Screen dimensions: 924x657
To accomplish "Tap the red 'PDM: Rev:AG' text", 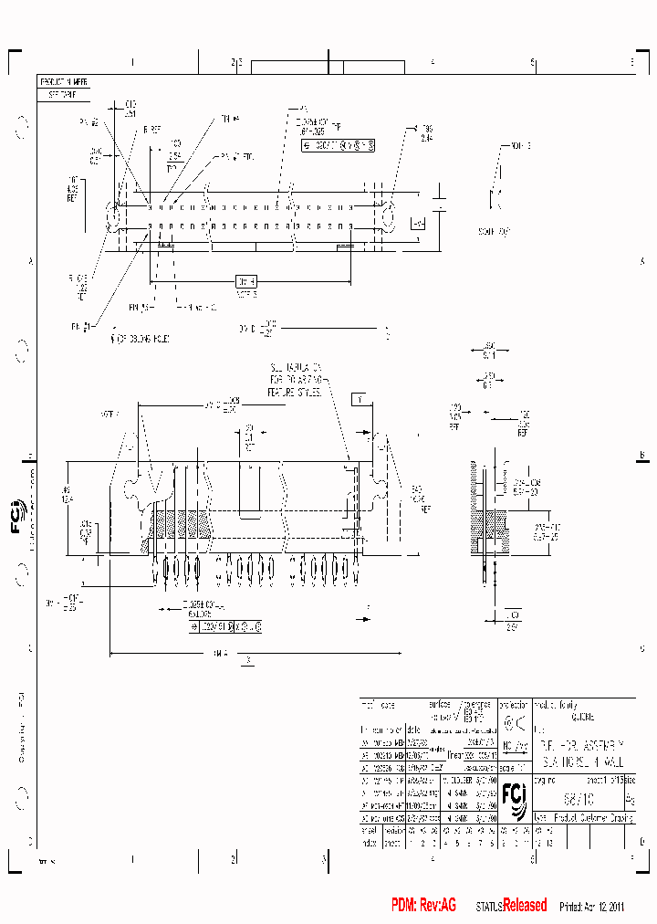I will coord(423,905).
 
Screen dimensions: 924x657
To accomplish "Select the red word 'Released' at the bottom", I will coord(525,905).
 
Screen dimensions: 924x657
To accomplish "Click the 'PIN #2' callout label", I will coord(89,121).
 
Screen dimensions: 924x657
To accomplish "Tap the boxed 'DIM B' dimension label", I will coord(246,281).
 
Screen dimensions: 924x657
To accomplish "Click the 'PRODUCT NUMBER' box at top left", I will coord(63,80).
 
